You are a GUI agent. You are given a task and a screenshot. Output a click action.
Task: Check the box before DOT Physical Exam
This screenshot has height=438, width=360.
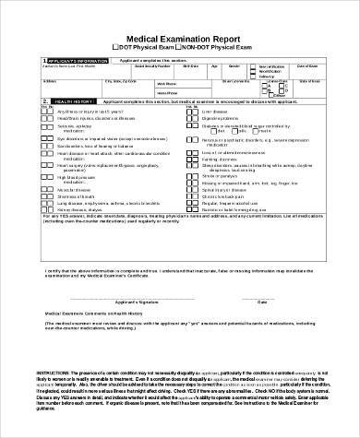pyautogui.click(x=113, y=45)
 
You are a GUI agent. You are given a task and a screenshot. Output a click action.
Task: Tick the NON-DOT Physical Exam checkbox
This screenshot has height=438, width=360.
pyautogui.click(x=178, y=45)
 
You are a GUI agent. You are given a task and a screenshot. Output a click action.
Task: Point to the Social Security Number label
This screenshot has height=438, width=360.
pyautogui.click(x=150, y=66)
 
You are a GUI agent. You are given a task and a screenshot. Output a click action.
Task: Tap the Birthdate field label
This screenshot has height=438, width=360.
pyautogui.click(x=189, y=66)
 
